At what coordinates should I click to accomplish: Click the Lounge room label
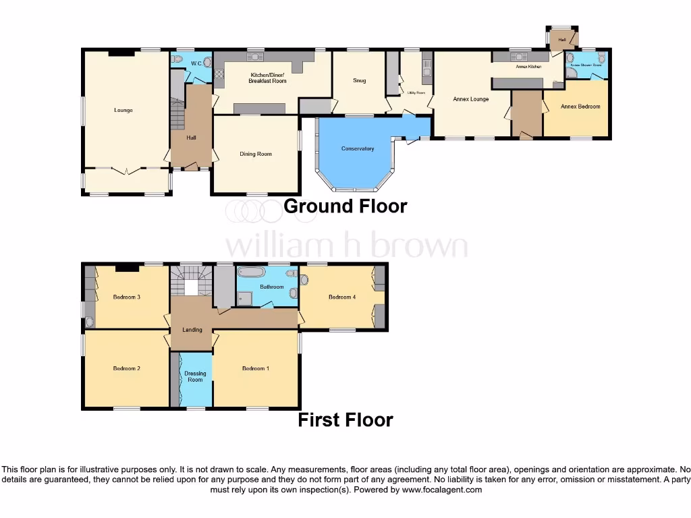point(123,110)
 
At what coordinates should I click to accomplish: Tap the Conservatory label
point(358,148)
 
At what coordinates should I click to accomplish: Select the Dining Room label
point(256,154)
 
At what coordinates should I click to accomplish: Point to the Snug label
point(359,81)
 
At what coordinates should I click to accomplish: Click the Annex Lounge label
point(470,99)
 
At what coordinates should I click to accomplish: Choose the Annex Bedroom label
point(580,107)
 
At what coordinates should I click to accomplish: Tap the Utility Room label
point(416,92)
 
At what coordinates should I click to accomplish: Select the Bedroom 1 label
point(256,368)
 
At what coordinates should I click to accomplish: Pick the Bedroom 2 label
point(126,368)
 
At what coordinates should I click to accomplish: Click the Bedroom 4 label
point(342,297)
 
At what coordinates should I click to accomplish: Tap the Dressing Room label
point(195,376)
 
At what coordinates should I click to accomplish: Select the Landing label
point(192,330)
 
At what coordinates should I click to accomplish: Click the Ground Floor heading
point(345,206)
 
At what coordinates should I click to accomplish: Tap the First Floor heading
point(345,420)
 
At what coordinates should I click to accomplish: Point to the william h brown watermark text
point(345,246)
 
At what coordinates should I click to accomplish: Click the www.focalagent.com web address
point(442,490)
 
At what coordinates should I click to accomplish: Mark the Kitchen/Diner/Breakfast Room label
point(268,78)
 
